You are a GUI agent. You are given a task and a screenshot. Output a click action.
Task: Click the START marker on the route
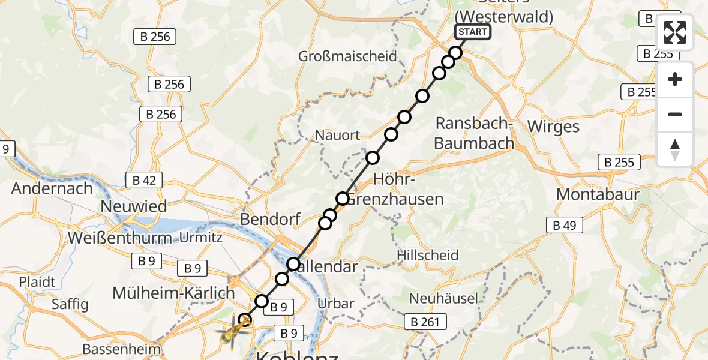[x=473, y=32]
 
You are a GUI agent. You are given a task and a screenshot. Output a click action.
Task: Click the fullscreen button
[x=675, y=33]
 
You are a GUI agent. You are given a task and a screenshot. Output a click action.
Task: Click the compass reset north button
[x=675, y=149]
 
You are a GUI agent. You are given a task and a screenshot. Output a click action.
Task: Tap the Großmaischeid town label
[x=348, y=56]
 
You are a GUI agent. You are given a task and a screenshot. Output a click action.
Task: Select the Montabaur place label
[x=598, y=194]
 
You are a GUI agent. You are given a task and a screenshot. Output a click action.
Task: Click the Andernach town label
[x=52, y=188]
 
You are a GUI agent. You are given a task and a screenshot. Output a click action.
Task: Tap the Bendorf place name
[x=270, y=219]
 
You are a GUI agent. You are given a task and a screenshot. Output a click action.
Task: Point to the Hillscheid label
[x=428, y=255]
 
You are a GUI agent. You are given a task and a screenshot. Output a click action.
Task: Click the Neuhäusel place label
[x=443, y=298]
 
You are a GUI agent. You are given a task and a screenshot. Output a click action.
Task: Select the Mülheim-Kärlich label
[x=174, y=293]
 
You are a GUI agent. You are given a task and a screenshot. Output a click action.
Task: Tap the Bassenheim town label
[x=122, y=349]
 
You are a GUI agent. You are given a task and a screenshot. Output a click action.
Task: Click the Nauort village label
[x=339, y=135]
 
